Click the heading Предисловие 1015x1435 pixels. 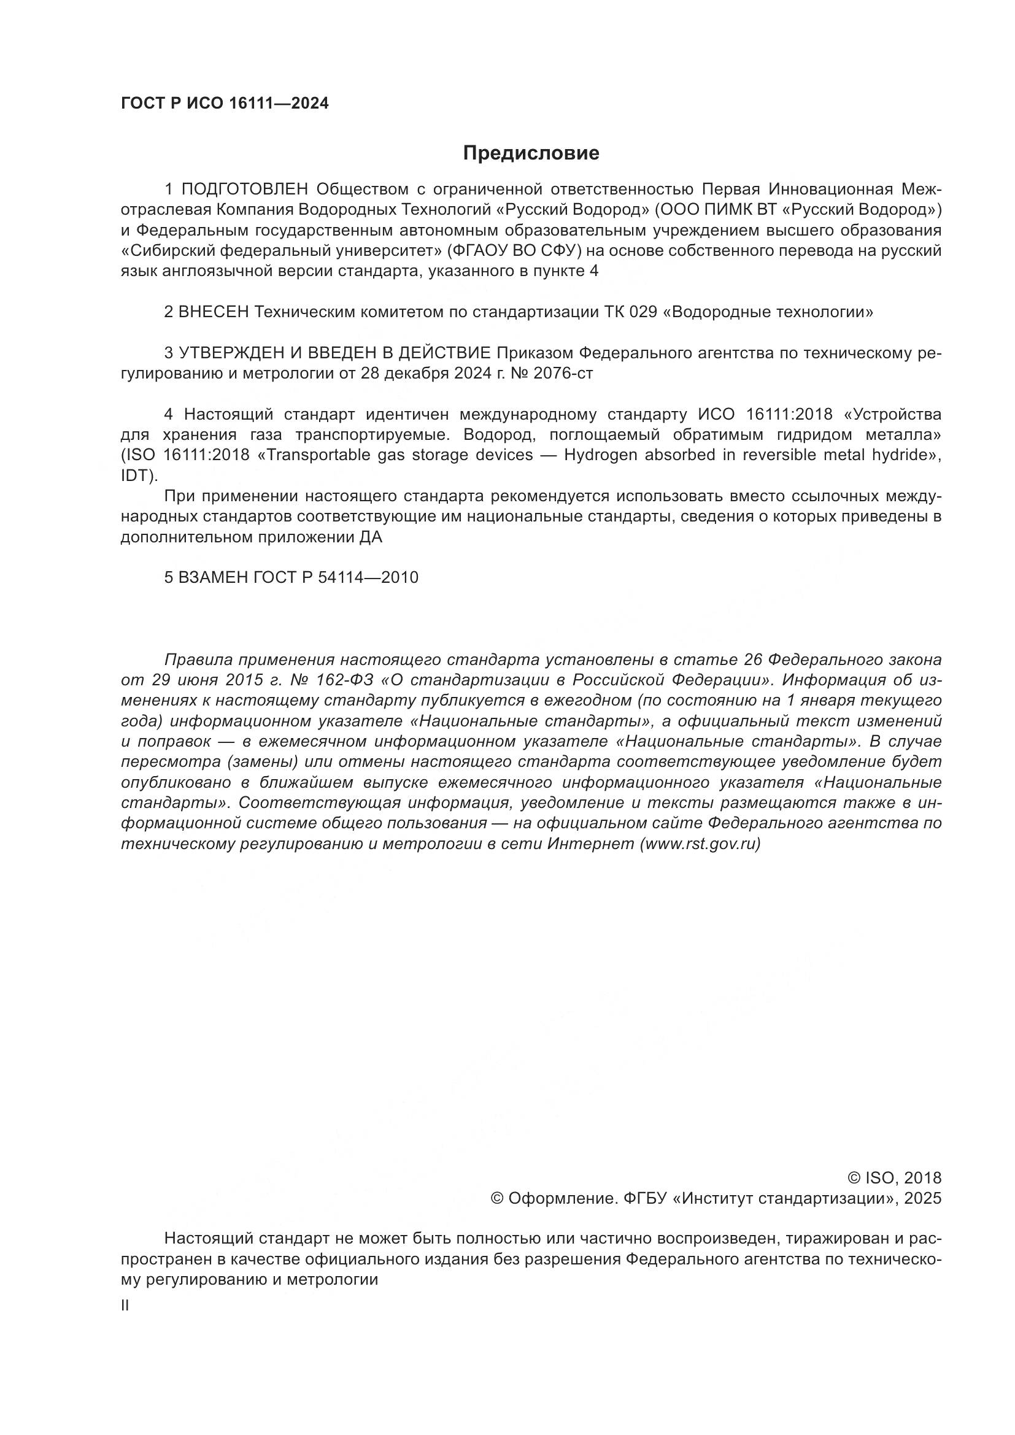coord(531,153)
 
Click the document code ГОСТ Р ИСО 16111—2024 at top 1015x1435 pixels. coord(225,104)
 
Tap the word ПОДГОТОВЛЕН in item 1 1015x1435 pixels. coord(245,190)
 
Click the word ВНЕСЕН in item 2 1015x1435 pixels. coord(214,312)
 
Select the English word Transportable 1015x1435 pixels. coord(319,455)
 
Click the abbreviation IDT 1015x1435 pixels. coord(136,475)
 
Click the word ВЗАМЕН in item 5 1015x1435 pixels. coord(213,577)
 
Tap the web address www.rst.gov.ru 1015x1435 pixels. coord(700,844)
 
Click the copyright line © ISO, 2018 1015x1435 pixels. coord(893,1178)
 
